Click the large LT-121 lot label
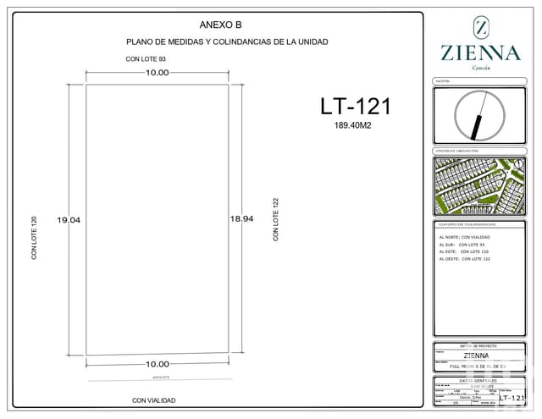pyautogui.click(x=355, y=106)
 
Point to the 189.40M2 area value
pyautogui.click(x=354, y=125)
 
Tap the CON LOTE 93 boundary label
pyautogui.click(x=146, y=59)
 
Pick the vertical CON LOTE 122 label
pyautogui.click(x=276, y=220)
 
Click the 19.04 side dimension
pyautogui.click(x=69, y=220)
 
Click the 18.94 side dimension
pyautogui.click(x=242, y=218)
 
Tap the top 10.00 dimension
pyautogui.click(x=157, y=73)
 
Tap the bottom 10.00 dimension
pyautogui.click(x=157, y=364)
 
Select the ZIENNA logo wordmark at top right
pyautogui.click(x=480, y=52)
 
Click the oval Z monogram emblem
pyautogui.click(x=480, y=27)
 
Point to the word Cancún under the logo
pyautogui.click(x=480, y=68)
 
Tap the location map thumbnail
pyautogui.click(x=480, y=185)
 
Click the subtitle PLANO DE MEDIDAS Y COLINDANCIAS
pyautogui.click(x=227, y=41)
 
